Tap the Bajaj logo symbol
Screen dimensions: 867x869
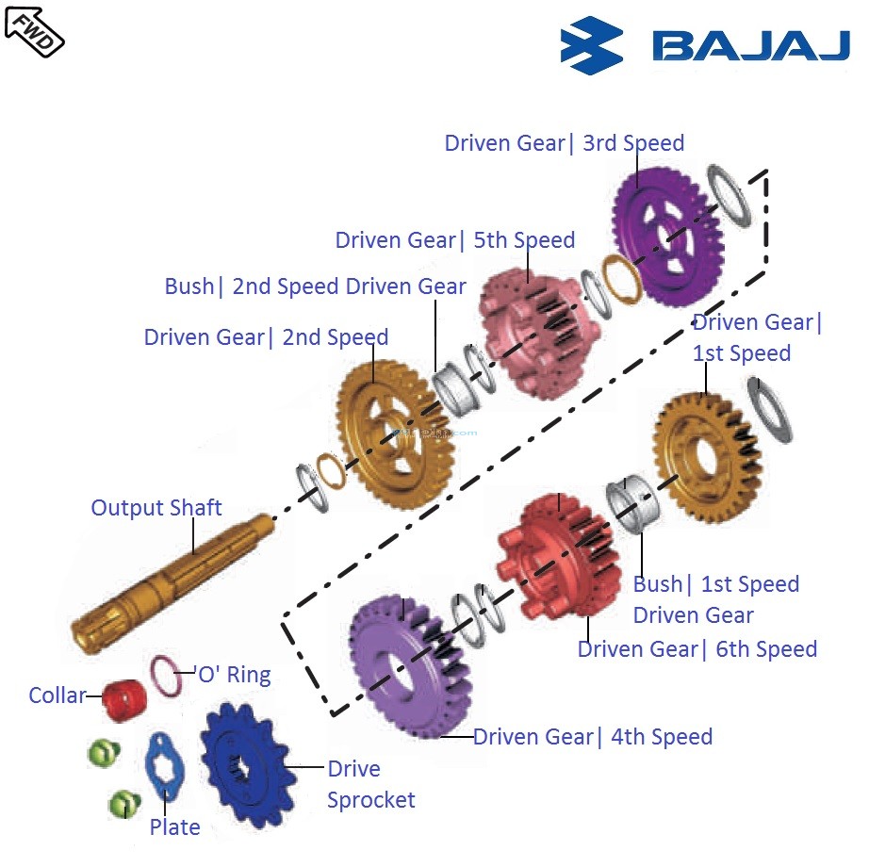[591, 45]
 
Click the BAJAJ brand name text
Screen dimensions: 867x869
[750, 46]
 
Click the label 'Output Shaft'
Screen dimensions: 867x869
[156, 508]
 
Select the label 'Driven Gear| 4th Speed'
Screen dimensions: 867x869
[592, 736]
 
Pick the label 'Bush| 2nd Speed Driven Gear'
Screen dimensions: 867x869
[315, 286]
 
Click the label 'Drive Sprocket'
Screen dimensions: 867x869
[369, 784]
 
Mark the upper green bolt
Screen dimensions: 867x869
[102, 753]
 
